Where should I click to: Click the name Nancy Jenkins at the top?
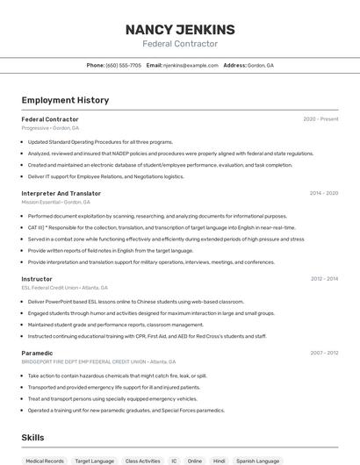[x=179, y=28]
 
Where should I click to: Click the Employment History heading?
[x=65, y=100]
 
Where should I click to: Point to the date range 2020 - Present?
[x=320, y=119]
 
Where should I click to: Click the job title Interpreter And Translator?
[x=61, y=193]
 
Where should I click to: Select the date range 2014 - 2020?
[x=323, y=193]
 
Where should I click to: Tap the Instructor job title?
[x=37, y=279]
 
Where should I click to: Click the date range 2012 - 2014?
[x=323, y=279]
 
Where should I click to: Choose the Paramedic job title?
[x=37, y=353]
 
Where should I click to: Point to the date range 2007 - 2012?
[x=323, y=353]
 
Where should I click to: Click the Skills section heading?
[x=33, y=437]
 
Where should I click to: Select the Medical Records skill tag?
[x=45, y=461]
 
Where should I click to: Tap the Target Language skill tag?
[x=94, y=461]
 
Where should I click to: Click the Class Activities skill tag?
[x=142, y=461]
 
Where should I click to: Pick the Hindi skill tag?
[x=220, y=461]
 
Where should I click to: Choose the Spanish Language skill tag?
[x=257, y=461]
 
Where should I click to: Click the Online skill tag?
[x=194, y=461]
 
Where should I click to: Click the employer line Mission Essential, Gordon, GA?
[x=56, y=202]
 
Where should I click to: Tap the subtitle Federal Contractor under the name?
[x=179, y=44]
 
